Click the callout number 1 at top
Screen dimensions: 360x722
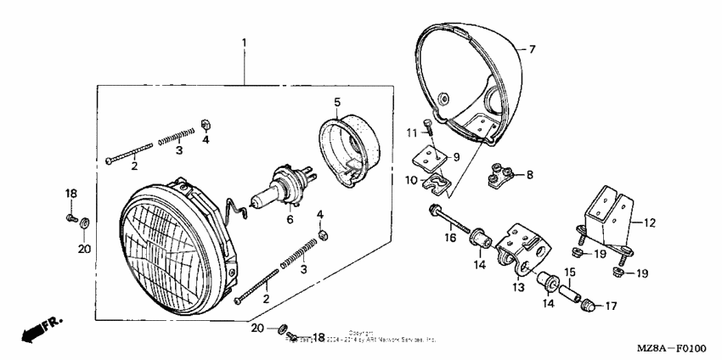244,42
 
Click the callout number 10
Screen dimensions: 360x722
411,180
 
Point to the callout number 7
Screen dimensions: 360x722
532,49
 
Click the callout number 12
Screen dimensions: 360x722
649,223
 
